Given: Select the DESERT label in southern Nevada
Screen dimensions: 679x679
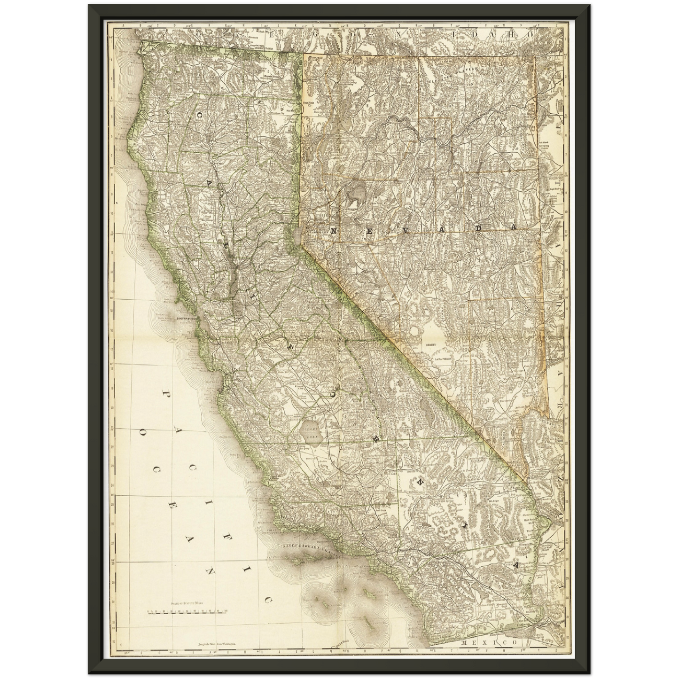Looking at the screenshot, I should pos(431,344).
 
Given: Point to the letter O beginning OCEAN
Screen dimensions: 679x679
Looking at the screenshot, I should pos(141,430).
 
